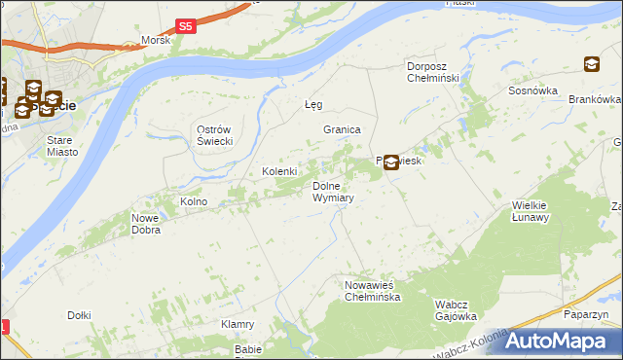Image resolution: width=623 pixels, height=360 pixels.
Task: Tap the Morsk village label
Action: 155,40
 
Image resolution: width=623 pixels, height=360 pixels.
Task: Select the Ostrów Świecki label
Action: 213,136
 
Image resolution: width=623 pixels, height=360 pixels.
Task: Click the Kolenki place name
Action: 279,172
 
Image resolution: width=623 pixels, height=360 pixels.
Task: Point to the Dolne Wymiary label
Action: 332,192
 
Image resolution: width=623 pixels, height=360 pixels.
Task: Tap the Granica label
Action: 343,129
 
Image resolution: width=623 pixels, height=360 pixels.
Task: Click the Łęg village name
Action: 312,104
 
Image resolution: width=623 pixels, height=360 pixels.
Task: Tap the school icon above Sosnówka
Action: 591,65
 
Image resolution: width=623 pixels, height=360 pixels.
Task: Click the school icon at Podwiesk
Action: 390,162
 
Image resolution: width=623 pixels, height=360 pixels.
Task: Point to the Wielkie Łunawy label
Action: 531,211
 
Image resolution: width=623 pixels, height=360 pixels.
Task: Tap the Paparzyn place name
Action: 586,315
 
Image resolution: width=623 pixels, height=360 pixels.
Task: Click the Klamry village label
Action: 238,324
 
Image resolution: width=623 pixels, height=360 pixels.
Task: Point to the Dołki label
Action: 79,315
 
